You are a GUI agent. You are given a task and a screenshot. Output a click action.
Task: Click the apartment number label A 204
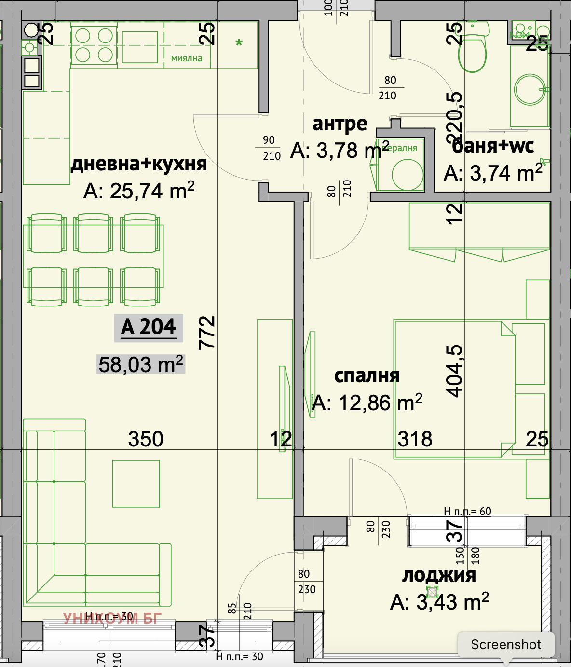(x=149, y=327)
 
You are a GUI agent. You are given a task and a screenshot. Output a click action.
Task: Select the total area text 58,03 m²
(x=140, y=364)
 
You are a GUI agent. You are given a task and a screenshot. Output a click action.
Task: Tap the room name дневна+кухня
(x=139, y=164)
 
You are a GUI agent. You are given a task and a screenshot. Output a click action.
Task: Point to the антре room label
(x=340, y=124)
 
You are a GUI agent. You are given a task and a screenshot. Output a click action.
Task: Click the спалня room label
(x=367, y=375)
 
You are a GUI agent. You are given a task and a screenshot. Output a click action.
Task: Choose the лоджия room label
(x=439, y=575)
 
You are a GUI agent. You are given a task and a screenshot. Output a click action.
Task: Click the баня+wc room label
(x=493, y=146)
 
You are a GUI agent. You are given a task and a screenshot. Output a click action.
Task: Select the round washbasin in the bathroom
(x=530, y=90)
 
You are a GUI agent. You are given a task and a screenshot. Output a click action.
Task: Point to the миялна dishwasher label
(x=187, y=58)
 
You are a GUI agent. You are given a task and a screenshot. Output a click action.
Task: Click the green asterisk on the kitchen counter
(x=239, y=43)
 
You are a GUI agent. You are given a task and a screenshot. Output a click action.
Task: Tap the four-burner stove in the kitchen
(x=94, y=45)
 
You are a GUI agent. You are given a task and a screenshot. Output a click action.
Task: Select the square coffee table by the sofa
(x=136, y=484)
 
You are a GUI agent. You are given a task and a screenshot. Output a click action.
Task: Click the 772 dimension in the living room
(x=207, y=333)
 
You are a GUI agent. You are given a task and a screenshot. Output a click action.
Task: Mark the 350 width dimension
(x=146, y=439)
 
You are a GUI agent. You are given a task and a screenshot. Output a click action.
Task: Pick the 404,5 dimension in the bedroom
(x=455, y=371)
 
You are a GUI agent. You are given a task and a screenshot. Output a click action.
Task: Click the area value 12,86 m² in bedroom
(x=367, y=403)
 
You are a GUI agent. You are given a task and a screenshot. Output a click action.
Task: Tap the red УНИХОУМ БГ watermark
(x=112, y=618)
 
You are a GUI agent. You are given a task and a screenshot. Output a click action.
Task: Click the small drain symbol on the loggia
(x=432, y=592)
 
